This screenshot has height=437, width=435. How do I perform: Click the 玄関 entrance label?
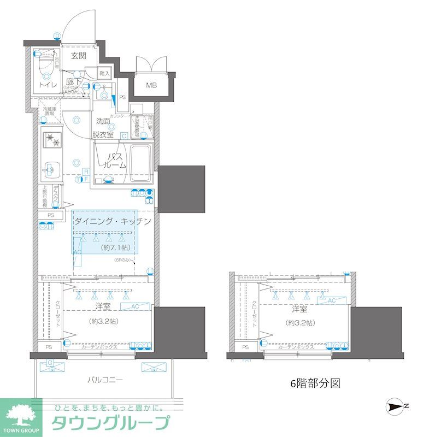(79, 56)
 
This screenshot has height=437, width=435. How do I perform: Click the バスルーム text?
(115, 161)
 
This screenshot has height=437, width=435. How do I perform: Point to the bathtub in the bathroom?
(140, 165)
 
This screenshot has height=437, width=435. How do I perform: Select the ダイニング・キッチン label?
(112, 221)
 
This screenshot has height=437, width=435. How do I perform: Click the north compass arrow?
(396, 405)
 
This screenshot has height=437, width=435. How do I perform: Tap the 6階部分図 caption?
(315, 383)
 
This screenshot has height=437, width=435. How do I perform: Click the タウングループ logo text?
(110, 423)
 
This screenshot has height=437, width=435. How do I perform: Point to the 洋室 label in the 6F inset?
(299, 309)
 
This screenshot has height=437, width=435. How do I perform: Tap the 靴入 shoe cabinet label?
(104, 73)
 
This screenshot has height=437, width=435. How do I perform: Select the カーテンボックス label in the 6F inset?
(296, 347)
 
